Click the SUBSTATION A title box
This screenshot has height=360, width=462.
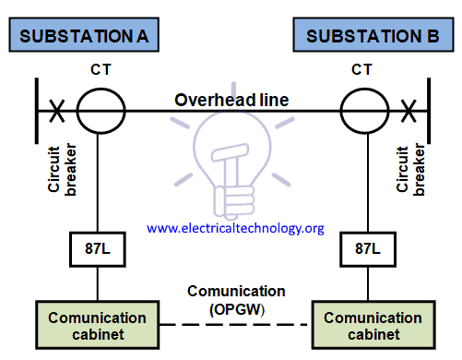point(83,37)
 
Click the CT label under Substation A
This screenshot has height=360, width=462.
point(100,70)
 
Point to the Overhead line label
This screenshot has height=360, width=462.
point(232,100)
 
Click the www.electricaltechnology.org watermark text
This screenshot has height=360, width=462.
point(235,227)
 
